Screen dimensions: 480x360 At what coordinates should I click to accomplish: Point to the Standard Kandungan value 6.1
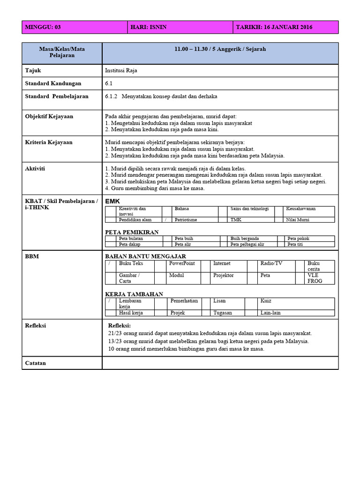point(110,83)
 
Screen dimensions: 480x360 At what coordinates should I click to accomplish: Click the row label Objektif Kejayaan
point(49,116)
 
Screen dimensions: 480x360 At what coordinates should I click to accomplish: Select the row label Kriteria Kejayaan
point(49,142)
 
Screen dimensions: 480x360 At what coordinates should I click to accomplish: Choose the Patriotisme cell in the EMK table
point(186,219)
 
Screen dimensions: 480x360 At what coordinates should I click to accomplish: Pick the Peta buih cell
point(184,239)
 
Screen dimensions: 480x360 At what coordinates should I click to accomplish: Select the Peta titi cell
point(295,244)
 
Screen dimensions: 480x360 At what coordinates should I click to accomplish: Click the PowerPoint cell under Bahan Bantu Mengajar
point(182,264)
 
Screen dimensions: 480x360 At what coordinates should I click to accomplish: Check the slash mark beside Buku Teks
point(109,264)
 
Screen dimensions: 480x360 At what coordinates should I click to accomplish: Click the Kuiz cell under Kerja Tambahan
point(266,301)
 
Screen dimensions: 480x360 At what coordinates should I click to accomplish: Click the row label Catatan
point(36,363)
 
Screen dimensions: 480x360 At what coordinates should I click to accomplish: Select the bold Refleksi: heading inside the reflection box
point(120,326)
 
